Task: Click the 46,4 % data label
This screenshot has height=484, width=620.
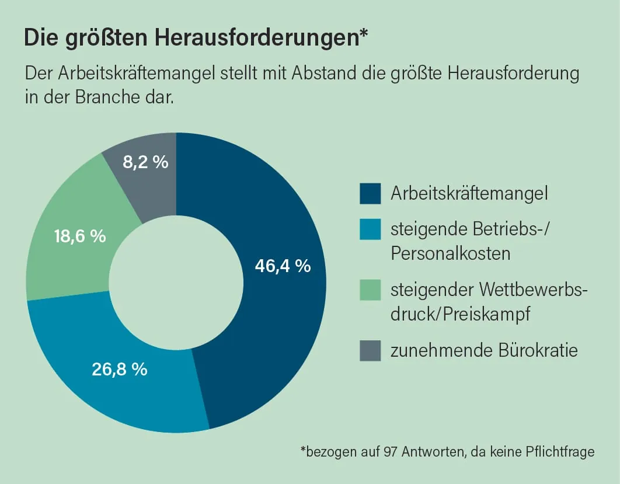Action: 283,266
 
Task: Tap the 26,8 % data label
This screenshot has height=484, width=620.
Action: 120,369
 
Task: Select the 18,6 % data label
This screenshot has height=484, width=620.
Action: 79,236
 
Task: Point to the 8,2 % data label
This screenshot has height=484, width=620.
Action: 145,162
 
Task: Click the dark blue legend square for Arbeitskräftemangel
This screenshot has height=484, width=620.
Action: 370,194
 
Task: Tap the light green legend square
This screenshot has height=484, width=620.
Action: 370,290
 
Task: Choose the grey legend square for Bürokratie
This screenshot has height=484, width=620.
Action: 370,350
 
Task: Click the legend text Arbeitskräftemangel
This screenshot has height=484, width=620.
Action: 469,193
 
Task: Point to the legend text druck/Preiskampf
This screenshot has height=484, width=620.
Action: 460,314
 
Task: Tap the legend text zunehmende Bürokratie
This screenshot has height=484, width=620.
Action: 484,350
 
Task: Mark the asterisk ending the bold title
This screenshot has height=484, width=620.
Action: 364,34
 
